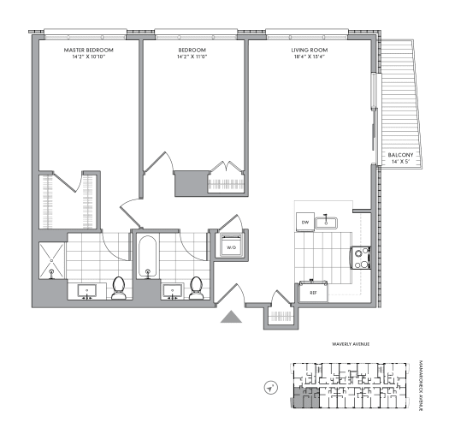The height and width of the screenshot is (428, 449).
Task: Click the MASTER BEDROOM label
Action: click(89, 51)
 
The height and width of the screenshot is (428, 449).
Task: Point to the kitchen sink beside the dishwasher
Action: click(327, 223)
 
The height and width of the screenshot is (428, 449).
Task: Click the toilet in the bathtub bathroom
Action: click(197, 287)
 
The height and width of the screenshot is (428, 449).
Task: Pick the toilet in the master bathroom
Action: click(119, 288)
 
